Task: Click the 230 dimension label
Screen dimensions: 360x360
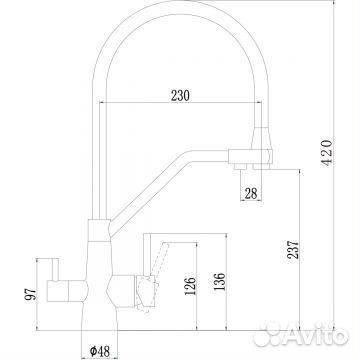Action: coord(180,97)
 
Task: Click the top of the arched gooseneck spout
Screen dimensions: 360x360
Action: coord(170,22)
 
